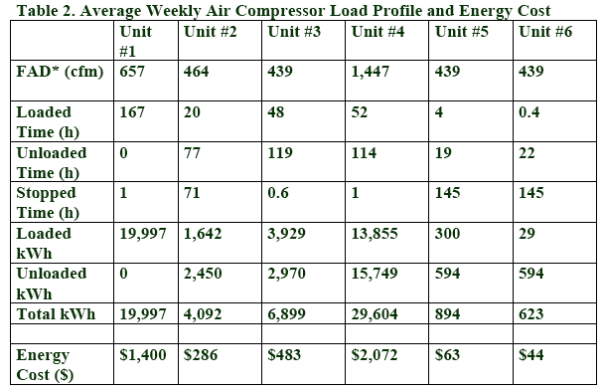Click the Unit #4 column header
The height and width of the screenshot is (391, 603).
377,32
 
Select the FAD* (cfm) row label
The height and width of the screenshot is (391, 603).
60,72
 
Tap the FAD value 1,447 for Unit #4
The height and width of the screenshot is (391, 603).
370,72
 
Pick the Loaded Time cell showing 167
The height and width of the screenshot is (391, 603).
132,112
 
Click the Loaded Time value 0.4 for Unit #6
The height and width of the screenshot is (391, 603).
529,112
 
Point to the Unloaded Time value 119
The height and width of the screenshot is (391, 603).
280,153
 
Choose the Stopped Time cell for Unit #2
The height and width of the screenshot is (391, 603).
192,193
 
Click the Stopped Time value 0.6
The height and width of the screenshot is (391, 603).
278,193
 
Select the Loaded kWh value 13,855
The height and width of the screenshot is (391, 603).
375,234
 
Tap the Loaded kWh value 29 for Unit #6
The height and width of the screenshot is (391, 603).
527,234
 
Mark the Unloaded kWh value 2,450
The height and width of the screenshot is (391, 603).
203,274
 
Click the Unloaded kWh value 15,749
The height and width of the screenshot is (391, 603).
375,274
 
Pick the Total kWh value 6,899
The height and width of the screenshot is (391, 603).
286,314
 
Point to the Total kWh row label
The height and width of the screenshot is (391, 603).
56,314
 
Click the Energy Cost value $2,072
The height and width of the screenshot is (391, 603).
375,355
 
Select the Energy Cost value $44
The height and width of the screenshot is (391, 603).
531,355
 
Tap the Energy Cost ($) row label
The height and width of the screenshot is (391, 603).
45,364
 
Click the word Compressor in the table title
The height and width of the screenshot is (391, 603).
280,11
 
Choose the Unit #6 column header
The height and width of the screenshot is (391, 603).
545,32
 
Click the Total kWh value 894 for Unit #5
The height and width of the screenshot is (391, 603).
447,314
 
